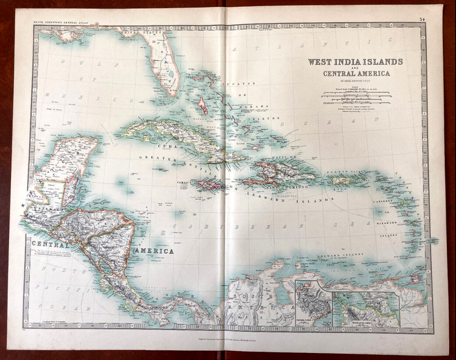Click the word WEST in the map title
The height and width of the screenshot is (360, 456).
pyautogui.click(x=321, y=62)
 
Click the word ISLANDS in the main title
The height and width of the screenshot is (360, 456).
pyautogui.click(x=382, y=62)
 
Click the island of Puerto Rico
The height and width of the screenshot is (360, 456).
pyautogui.click(x=340, y=181)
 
